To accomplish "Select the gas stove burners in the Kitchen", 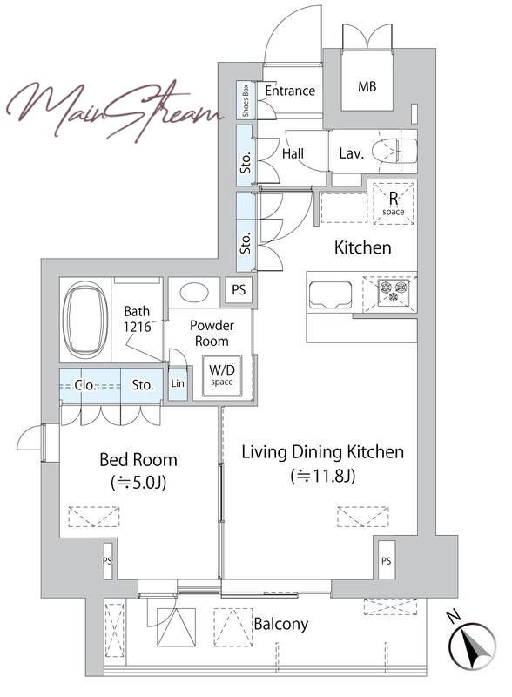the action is click(x=393, y=292).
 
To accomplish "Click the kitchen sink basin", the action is click(x=330, y=294).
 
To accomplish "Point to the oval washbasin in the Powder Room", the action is click(x=194, y=293).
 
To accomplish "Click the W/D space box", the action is click(x=222, y=376).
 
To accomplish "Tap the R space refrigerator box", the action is click(x=394, y=203).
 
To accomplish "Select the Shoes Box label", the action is click(x=246, y=100).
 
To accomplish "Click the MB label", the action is click(x=367, y=86).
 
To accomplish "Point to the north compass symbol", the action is click(x=471, y=646).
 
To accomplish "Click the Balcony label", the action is click(x=281, y=624).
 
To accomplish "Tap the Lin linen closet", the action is click(x=178, y=382).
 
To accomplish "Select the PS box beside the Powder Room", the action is click(x=239, y=290).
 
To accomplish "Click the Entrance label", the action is click(x=290, y=91).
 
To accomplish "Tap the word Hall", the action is click(x=293, y=154).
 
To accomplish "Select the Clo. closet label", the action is click(x=85, y=385).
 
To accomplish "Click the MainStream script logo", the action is click(x=115, y=111).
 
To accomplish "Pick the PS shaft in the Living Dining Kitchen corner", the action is click(x=386, y=560).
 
